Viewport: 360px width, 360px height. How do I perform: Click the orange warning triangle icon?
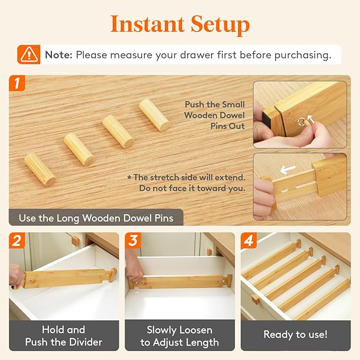point(29,55)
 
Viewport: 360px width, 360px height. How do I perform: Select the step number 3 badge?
point(133,241)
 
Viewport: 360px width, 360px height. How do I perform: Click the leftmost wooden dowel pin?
point(40,169)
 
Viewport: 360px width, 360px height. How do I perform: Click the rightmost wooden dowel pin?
point(154,115)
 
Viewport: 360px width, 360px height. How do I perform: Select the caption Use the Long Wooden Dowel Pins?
point(95,218)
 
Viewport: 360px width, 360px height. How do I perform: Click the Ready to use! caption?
point(295,335)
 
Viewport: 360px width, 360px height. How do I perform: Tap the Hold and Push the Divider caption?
point(64,336)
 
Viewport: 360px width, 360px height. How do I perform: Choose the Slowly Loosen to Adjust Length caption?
point(179,336)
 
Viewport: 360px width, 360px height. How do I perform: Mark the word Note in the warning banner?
point(58,55)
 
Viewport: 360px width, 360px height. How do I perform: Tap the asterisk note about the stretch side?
point(186,182)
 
